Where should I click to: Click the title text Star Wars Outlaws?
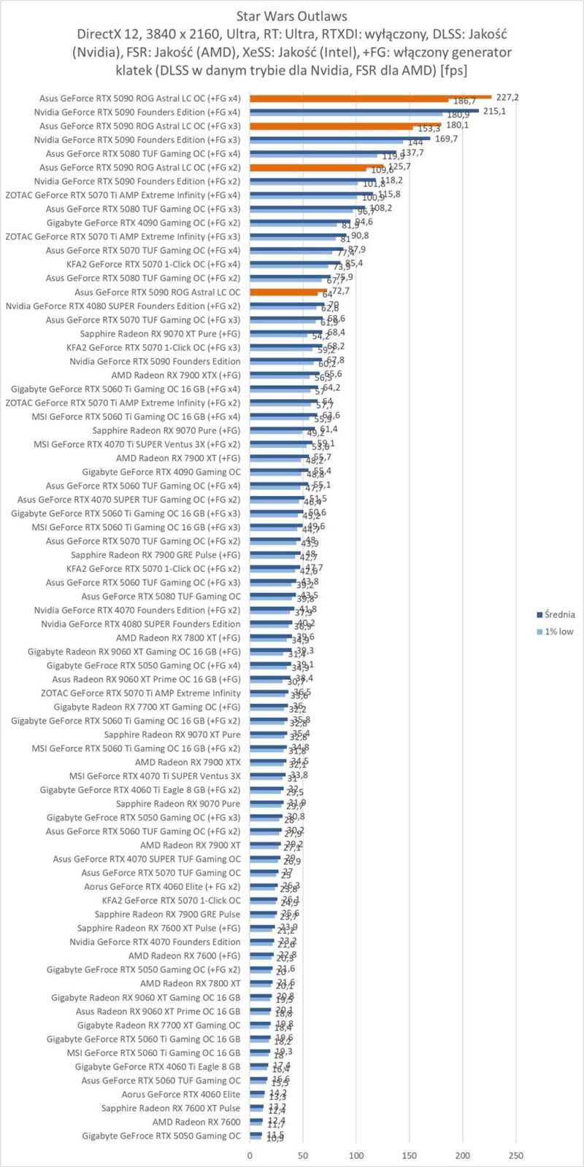[x=292, y=15]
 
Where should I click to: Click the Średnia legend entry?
[x=559, y=614]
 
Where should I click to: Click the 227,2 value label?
[x=508, y=97]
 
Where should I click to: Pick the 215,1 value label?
[x=494, y=111]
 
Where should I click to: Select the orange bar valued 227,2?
[x=370, y=96]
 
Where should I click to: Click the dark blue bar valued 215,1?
[x=364, y=110]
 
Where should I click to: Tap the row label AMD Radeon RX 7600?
[x=196, y=1122]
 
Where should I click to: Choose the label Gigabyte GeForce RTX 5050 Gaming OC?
[x=161, y=1136]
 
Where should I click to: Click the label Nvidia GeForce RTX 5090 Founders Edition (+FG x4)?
[x=137, y=112]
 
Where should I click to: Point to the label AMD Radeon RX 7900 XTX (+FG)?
[x=176, y=375]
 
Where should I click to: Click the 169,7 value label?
[x=446, y=139]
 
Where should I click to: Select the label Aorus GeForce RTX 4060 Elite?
[x=181, y=1094]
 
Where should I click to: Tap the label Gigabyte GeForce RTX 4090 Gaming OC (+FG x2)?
[x=143, y=222]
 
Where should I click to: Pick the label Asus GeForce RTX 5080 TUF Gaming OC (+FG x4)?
[x=143, y=154]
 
